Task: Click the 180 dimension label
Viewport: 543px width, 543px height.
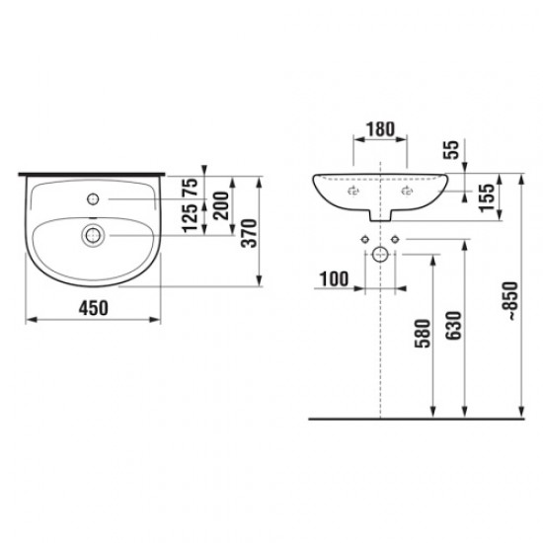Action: tap(380, 129)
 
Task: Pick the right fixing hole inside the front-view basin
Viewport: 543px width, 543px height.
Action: tap(406, 194)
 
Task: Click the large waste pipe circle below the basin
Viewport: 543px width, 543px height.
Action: tap(380, 253)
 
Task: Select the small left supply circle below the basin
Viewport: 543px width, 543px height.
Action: tap(364, 241)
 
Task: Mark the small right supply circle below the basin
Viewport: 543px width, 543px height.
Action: tap(395, 241)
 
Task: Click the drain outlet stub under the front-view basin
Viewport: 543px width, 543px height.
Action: tap(380, 216)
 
